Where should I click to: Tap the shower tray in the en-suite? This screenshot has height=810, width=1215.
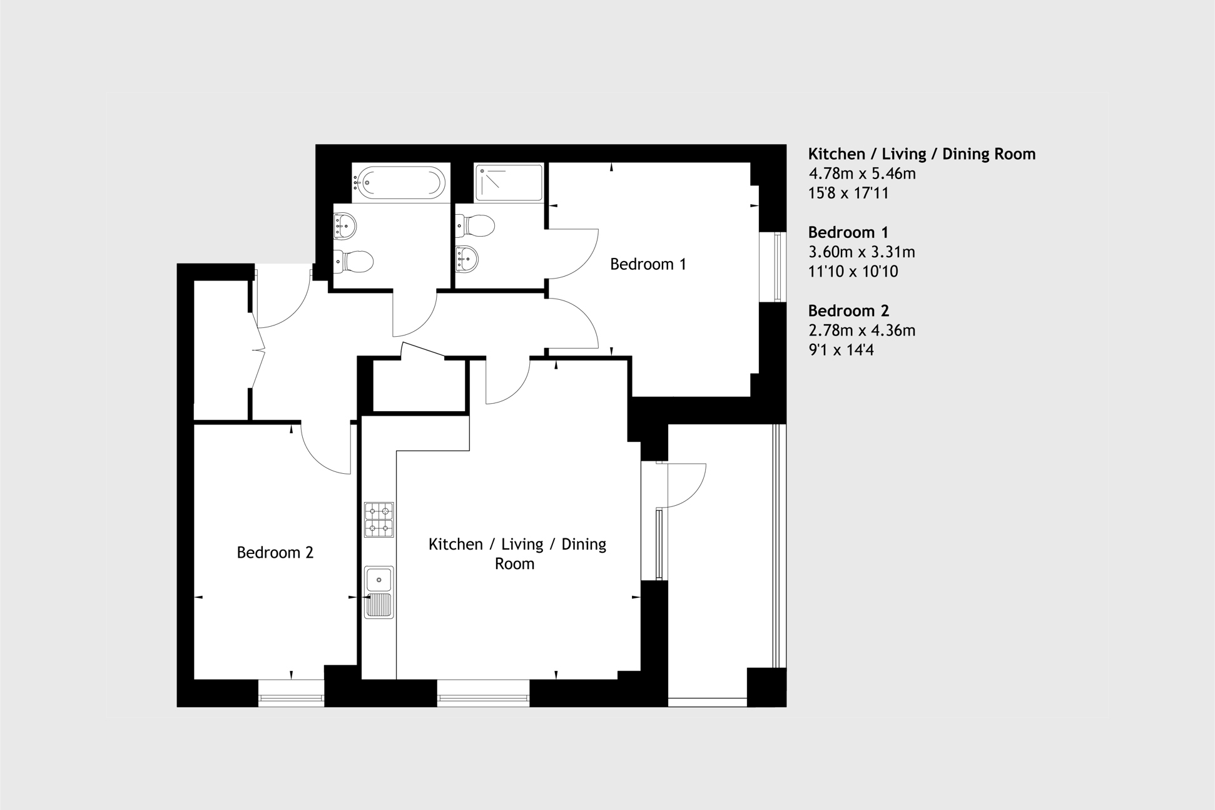(x=508, y=183)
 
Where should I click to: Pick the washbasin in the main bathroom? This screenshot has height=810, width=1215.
(x=345, y=225)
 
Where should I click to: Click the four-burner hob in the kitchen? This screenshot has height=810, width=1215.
(x=379, y=520)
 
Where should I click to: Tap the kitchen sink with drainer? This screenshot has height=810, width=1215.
(x=379, y=592)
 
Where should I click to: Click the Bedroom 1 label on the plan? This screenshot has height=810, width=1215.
(x=648, y=264)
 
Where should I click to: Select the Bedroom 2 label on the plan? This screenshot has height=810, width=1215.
(x=275, y=553)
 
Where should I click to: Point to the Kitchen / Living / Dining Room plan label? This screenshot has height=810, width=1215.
(x=517, y=553)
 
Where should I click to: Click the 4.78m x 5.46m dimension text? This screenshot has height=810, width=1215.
(x=862, y=173)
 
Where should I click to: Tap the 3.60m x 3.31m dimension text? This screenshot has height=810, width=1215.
(x=861, y=252)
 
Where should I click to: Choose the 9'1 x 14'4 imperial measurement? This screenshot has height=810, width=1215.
(x=841, y=350)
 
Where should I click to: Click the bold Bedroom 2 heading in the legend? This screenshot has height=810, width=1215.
(x=848, y=310)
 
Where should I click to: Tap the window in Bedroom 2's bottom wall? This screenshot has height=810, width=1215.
(x=291, y=700)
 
